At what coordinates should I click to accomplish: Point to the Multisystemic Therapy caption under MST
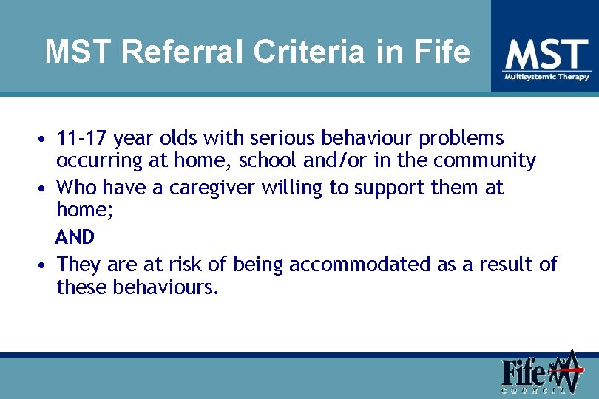[546, 77]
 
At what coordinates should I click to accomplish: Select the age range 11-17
[82, 138]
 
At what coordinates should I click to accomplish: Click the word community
[484, 160]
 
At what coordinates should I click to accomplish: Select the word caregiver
[212, 188]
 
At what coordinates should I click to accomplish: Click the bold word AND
[75, 237]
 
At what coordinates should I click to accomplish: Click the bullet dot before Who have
[46, 189]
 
